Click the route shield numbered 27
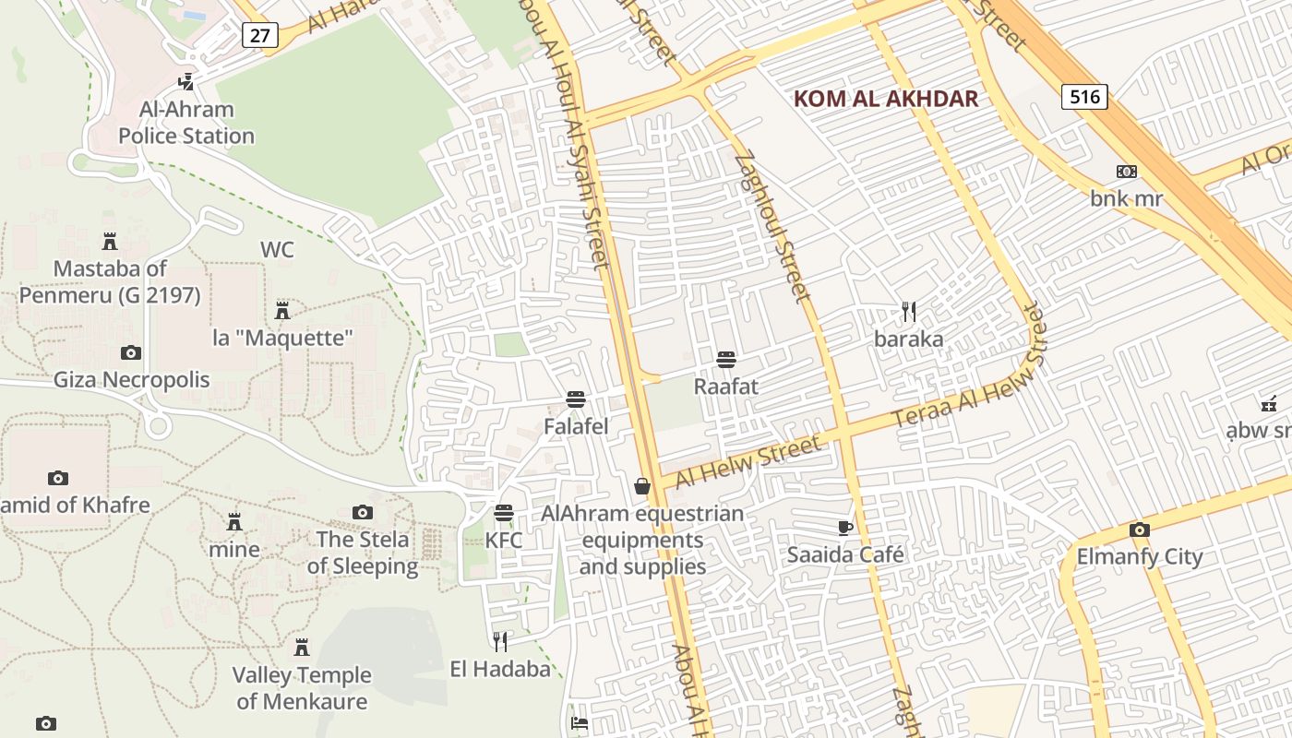click(260, 35)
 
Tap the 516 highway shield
click(1083, 96)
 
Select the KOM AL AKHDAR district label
click(886, 99)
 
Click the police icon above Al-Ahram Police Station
click(186, 81)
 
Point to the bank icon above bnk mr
click(1126, 172)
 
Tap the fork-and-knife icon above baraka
click(909, 312)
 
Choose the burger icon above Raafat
click(725, 359)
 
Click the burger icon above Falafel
click(576, 399)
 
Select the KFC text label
click(504, 540)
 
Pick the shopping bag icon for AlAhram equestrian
click(642, 486)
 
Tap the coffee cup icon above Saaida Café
click(844, 528)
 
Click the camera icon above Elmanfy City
click(1140, 530)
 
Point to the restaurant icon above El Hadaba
click(500, 642)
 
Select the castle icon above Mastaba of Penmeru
click(110, 242)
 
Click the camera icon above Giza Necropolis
click(131, 352)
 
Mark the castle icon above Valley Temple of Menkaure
click(301, 648)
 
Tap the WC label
click(277, 250)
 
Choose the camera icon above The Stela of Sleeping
click(363, 512)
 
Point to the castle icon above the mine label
click(234, 522)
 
